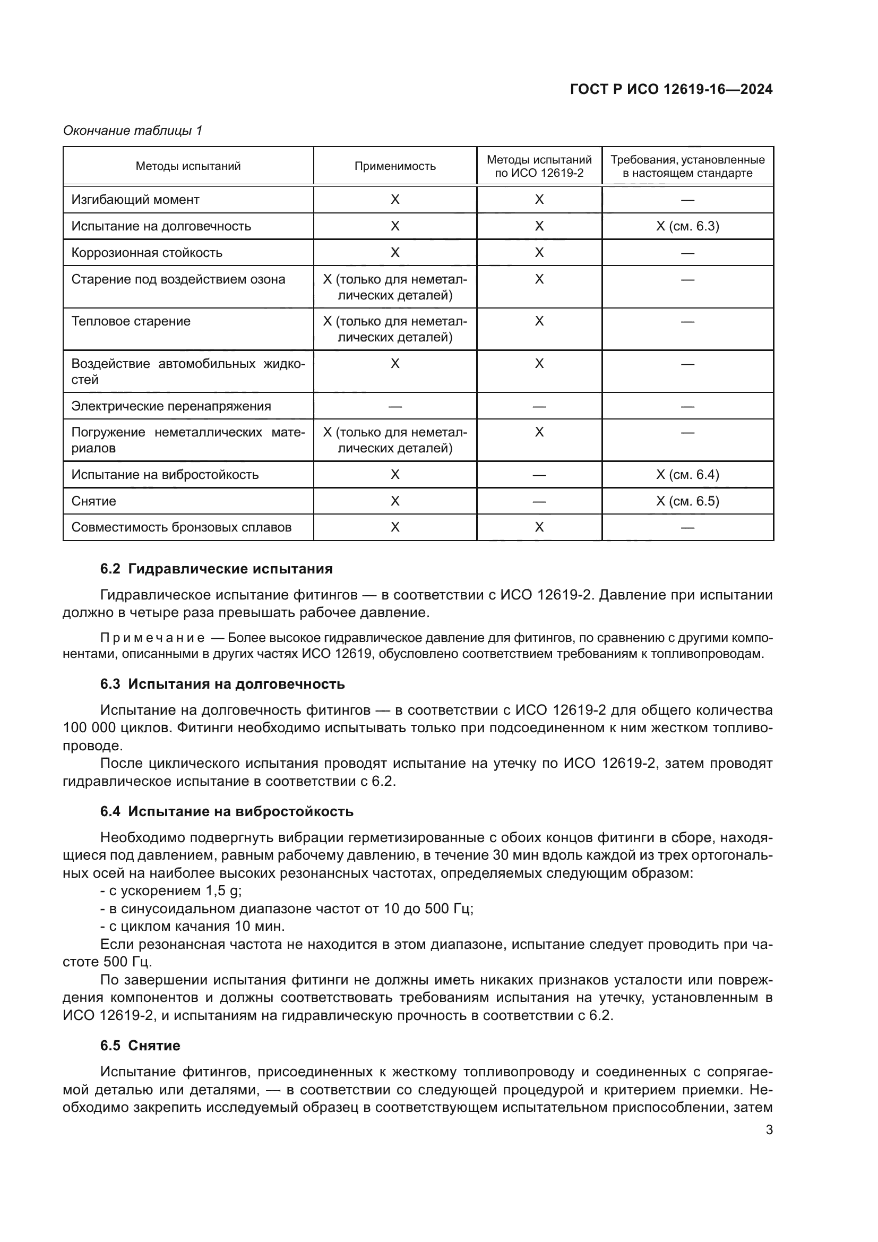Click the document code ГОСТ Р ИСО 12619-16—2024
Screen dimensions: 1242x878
671,90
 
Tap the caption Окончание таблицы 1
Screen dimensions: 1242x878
133,131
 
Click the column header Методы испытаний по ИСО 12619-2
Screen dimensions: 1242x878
539,166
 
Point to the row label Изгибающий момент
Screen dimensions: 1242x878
135,200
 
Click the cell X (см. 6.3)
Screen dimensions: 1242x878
687,226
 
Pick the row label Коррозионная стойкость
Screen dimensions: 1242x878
147,253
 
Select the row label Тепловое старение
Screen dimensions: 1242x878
131,321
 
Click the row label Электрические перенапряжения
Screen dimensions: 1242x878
171,406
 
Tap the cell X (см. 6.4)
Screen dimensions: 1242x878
687,475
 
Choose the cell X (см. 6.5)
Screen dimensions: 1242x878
687,501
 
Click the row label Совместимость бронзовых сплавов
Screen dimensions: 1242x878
181,527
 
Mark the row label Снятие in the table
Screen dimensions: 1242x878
93,501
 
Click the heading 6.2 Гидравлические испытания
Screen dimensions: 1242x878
216,569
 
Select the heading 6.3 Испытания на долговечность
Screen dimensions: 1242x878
222,684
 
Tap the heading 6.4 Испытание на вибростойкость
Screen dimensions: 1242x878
227,812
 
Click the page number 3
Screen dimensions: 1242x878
769,1130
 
